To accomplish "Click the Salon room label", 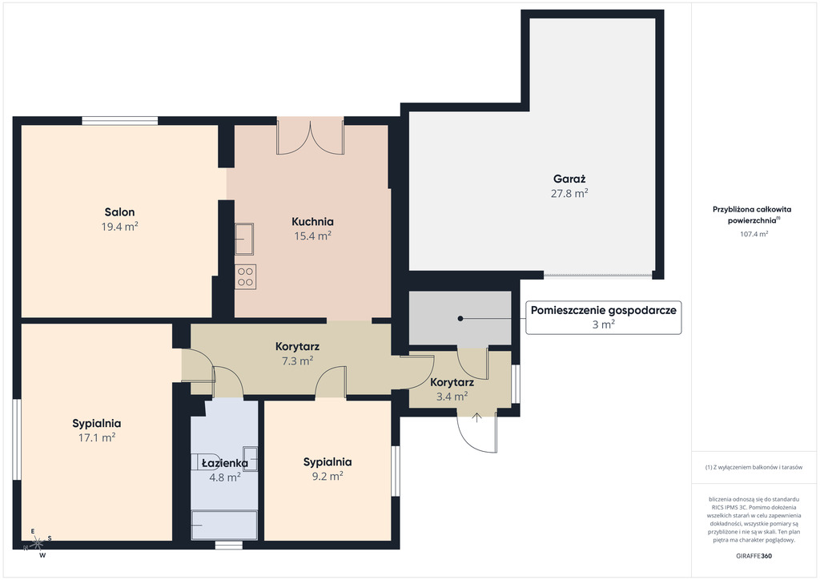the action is pyautogui.click(x=120, y=211).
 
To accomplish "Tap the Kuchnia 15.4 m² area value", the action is pyautogui.click(x=313, y=236).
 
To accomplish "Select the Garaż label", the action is pyautogui.click(x=569, y=179).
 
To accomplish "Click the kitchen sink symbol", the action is pyautogui.click(x=244, y=239).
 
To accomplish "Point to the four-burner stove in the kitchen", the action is pyautogui.click(x=245, y=276).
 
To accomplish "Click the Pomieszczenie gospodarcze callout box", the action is pyautogui.click(x=604, y=317).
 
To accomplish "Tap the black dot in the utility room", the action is pyautogui.click(x=460, y=318).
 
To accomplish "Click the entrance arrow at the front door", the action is pyautogui.click(x=477, y=417).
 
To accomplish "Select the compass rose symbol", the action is pyautogui.click(x=37, y=544).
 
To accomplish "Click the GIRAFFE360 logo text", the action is pyautogui.click(x=754, y=556).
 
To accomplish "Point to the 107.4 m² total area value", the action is pyautogui.click(x=754, y=234).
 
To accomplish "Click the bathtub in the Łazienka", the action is pyautogui.click(x=224, y=525).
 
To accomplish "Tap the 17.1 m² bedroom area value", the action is pyautogui.click(x=97, y=437).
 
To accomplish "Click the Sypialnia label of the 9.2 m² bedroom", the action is pyautogui.click(x=328, y=461).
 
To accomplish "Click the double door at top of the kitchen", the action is pyautogui.click(x=310, y=137).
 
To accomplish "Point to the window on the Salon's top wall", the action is pyautogui.click(x=120, y=121).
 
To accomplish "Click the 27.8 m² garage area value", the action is pyautogui.click(x=569, y=194).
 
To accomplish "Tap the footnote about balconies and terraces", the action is pyautogui.click(x=754, y=467).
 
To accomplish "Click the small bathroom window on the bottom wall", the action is pyautogui.click(x=229, y=545).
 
